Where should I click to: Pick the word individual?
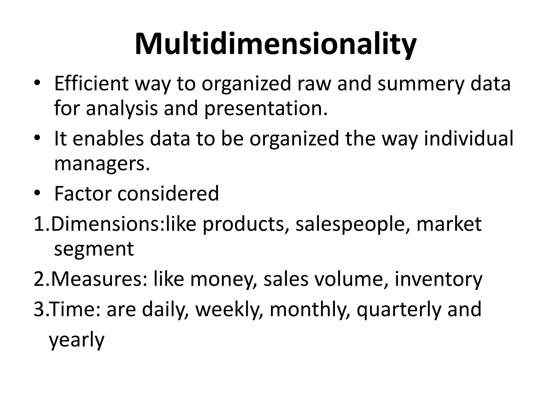click(469, 138)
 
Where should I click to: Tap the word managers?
click(101, 164)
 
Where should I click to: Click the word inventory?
click(438, 280)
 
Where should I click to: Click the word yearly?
click(76, 340)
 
